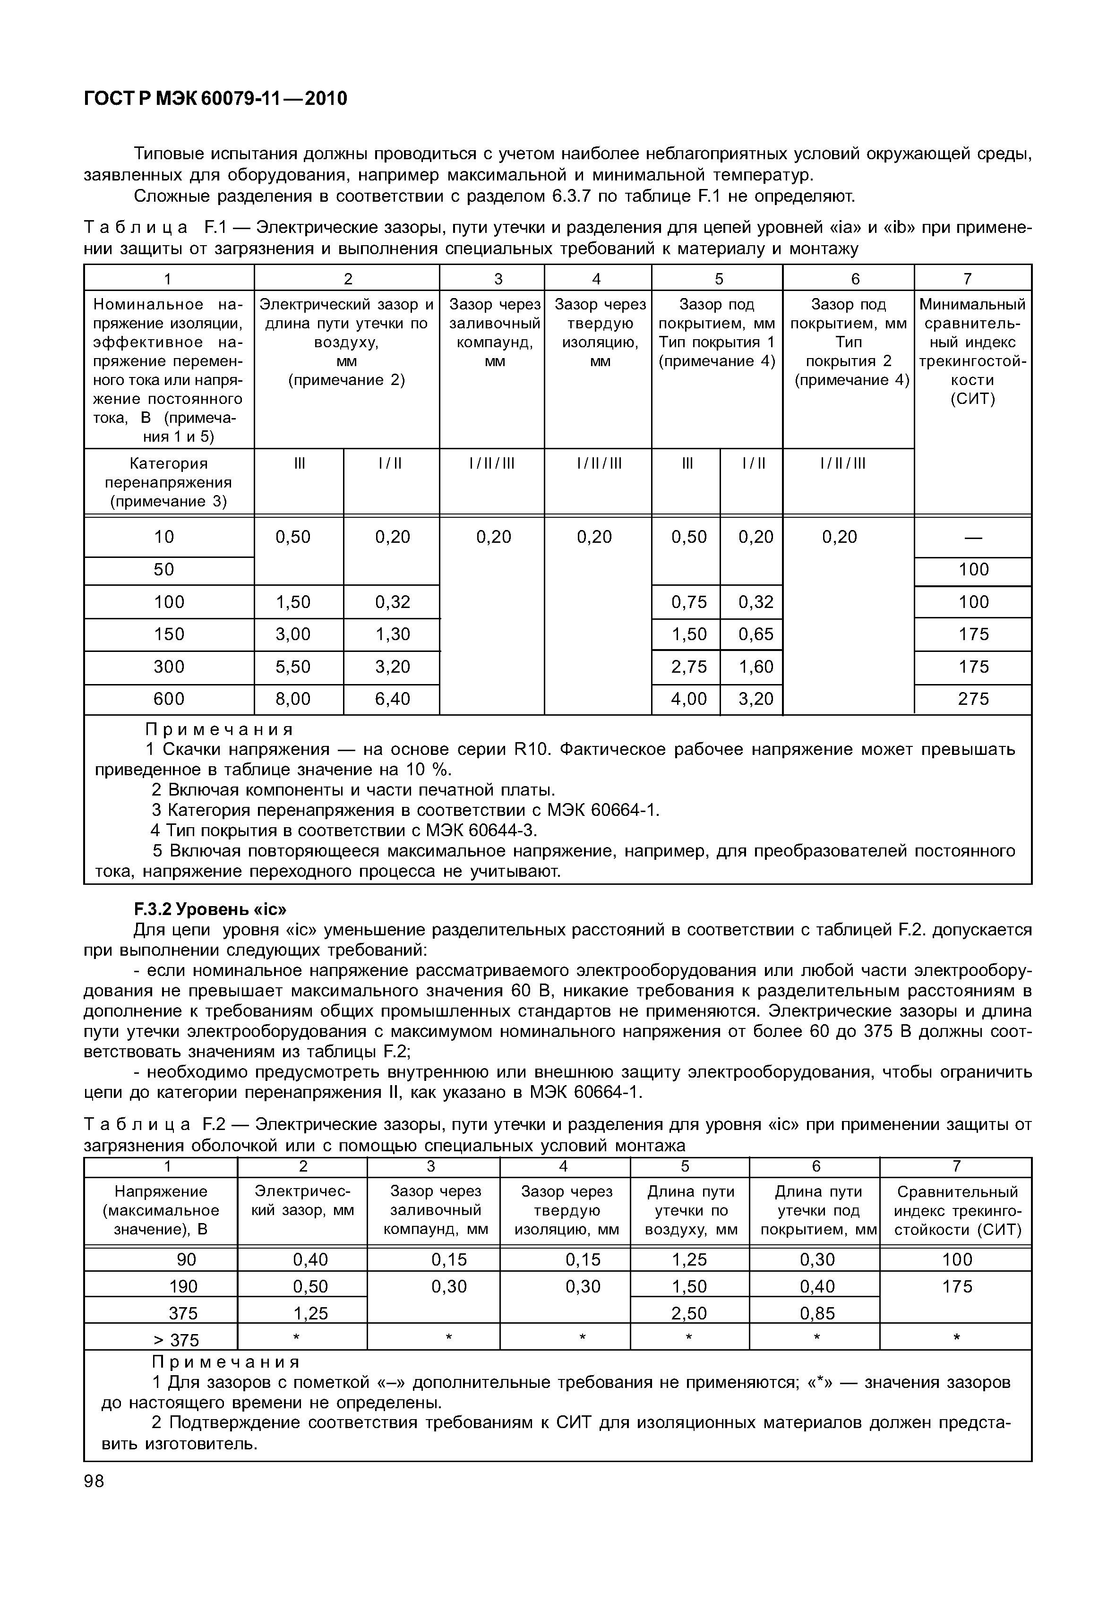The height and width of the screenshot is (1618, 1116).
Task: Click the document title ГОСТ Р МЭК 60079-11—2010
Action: pos(215,99)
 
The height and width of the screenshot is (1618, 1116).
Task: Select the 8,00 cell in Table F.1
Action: pos(293,699)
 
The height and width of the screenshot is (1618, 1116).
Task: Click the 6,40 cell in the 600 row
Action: pos(392,699)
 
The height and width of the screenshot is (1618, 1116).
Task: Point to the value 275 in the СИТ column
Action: pos(973,699)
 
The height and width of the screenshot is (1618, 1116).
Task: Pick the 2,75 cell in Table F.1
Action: pos(689,667)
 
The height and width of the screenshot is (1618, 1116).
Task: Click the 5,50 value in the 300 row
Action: pos(293,667)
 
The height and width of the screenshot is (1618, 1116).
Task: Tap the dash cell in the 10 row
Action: pos(973,538)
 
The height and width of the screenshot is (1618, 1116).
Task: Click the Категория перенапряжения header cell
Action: pos(169,482)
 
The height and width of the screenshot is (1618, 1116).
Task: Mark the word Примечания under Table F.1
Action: pos(219,729)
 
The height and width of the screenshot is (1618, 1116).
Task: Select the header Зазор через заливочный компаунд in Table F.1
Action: pos(494,333)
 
